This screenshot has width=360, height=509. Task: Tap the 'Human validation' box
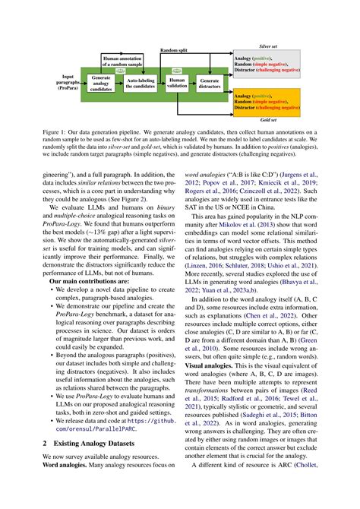[x=177, y=83]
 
